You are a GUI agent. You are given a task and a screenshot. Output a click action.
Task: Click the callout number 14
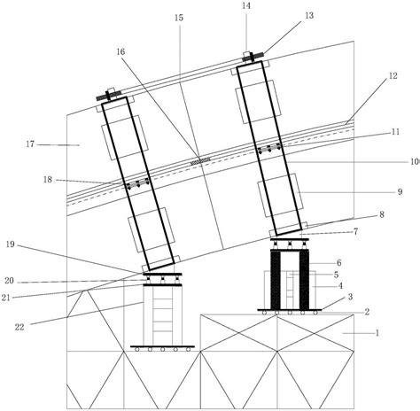246,5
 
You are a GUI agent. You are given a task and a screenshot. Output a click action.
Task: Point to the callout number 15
179,17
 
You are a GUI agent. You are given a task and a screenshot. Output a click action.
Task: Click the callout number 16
121,52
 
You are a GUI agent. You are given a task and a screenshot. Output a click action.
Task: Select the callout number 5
338,275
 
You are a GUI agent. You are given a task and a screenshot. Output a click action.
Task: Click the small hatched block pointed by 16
201,161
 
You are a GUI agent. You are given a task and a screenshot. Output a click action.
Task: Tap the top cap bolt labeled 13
254,58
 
